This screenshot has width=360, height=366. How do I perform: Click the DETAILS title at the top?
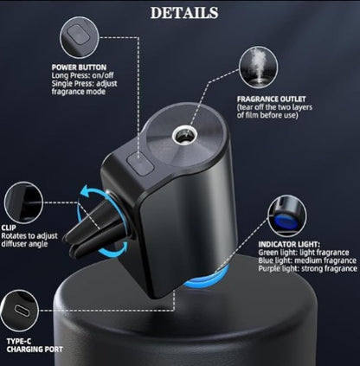(x=184, y=13)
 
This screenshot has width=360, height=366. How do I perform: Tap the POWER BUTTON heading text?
(x=79, y=66)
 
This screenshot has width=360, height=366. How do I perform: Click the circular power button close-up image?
(x=80, y=36)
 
